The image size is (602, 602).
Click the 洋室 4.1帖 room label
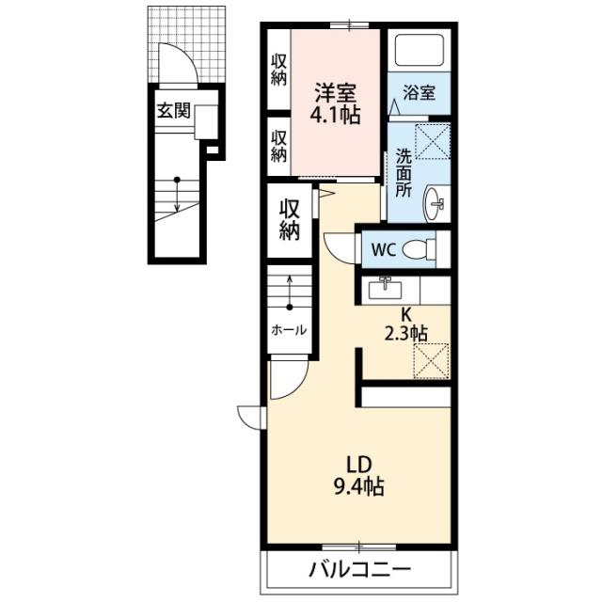pyautogui.click(x=336, y=103)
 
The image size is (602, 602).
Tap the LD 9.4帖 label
pyautogui.click(x=358, y=476)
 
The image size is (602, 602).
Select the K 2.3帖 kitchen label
pyautogui.click(x=405, y=325)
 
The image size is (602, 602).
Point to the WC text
pyautogui.click(x=384, y=250)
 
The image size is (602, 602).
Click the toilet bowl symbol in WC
pyautogui.click(x=419, y=249)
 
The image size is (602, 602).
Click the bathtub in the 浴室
pyautogui.click(x=420, y=50)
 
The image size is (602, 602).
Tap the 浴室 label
pyautogui.click(x=419, y=92)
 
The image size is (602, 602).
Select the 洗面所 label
pyautogui.click(x=404, y=173)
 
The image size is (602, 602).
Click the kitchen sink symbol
pyautogui.click(x=385, y=290)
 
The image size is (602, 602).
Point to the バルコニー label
pyautogui.click(x=359, y=569)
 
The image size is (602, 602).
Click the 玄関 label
pyautogui.click(x=173, y=111)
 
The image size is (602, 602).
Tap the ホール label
pyautogui.click(x=289, y=330)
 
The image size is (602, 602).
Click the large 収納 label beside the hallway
pyautogui.click(x=290, y=220)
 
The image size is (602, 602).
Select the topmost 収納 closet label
pyautogui.click(x=279, y=70)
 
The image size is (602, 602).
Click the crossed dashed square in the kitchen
pyautogui.click(x=432, y=361)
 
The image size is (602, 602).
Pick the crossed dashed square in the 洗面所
pyautogui.click(x=433, y=141)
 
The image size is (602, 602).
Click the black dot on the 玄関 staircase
pyautogui.click(x=177, y=180)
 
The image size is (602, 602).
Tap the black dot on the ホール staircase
pyautogui.click(x=290, y=308)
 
